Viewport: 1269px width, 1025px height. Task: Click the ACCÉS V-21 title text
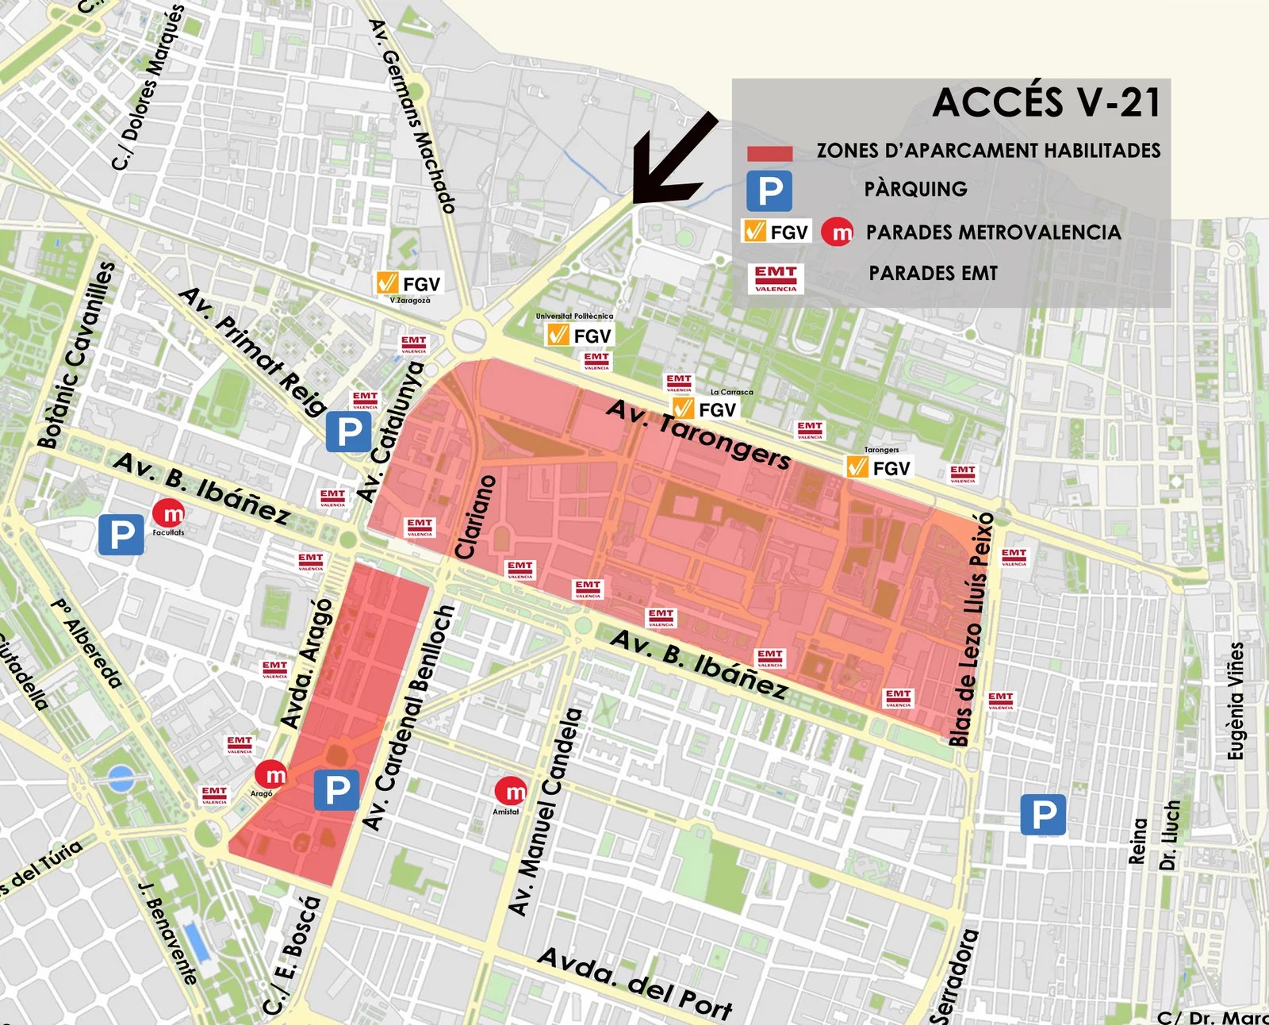(1046, 102)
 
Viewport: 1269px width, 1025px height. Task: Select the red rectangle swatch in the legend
(769, 153)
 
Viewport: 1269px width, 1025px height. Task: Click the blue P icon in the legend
(769, 191)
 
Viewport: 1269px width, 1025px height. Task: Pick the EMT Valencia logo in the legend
(776, 278)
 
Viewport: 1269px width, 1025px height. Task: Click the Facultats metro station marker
(168, 513)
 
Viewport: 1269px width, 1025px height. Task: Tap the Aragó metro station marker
(271, 774)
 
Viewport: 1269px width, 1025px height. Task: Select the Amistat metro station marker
(511, 791)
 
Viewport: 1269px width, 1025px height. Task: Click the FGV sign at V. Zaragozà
(409, 283)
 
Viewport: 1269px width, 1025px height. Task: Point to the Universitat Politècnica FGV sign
(581, 335)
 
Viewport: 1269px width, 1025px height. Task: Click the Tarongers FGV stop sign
(880, 467)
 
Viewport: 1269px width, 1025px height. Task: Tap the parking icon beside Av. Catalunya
(348, 432)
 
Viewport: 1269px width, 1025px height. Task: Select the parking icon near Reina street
(1042, 815)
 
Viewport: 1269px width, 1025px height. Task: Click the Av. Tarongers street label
(698, 434)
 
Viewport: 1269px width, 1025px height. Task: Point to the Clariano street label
(476, 516)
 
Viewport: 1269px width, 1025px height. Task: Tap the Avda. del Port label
(634, 983)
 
